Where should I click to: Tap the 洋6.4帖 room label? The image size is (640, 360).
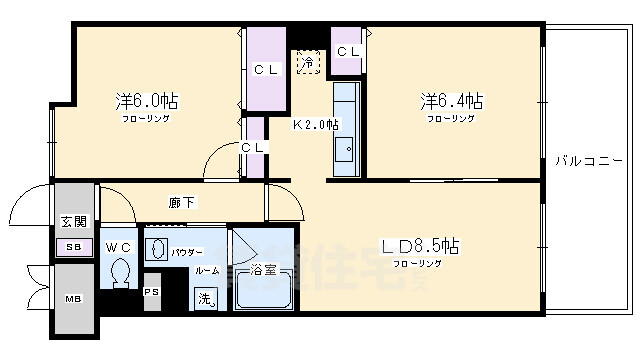coord(451,101)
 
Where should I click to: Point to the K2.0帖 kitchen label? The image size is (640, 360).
coord(315,125)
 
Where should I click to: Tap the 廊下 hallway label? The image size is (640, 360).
coord(182,203)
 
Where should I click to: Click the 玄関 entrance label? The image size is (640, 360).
coord(73,222)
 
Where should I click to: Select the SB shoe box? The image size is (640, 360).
coord(73,247)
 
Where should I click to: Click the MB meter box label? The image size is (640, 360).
coord(74,299)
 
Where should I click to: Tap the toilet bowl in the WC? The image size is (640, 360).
coord(122,272)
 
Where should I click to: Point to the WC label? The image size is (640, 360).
coord(120,246)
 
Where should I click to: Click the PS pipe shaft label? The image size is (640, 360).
coord(151,291)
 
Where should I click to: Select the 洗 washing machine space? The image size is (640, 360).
coord(205,298)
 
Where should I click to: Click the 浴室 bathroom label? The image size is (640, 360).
coord(263,269)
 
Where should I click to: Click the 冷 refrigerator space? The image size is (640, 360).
coord(309,62)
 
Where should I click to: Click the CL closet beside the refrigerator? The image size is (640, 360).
coord(348,52)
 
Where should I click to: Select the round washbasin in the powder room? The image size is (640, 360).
coord(157,250)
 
